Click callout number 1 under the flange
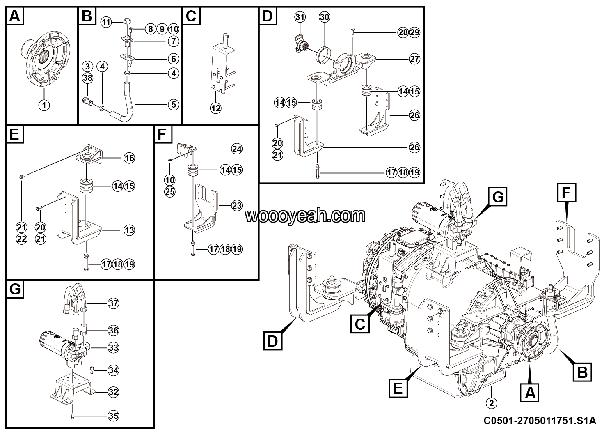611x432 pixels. [x=44, y=105]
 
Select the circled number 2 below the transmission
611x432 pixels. [x=491, y=403]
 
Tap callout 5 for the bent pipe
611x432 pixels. [x=174, y=105]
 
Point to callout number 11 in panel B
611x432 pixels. [x=107, y=22]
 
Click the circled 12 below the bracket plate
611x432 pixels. [x=215, y=108]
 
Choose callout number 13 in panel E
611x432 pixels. [x=129, y=230]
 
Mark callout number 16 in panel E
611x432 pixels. [x=129, y=158]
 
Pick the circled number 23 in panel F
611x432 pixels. [x=237, y=205]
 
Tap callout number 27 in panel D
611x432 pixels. [x=414, y=59]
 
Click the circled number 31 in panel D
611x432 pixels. [x=300, y=17]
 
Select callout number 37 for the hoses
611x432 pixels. [x=113, y=303]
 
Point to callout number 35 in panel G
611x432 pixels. [x=113, y=416]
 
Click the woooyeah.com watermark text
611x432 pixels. [x=305, y=216]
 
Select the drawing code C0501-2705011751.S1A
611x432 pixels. [x=539, y=421]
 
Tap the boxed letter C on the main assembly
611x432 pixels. [x=360, y=324]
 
